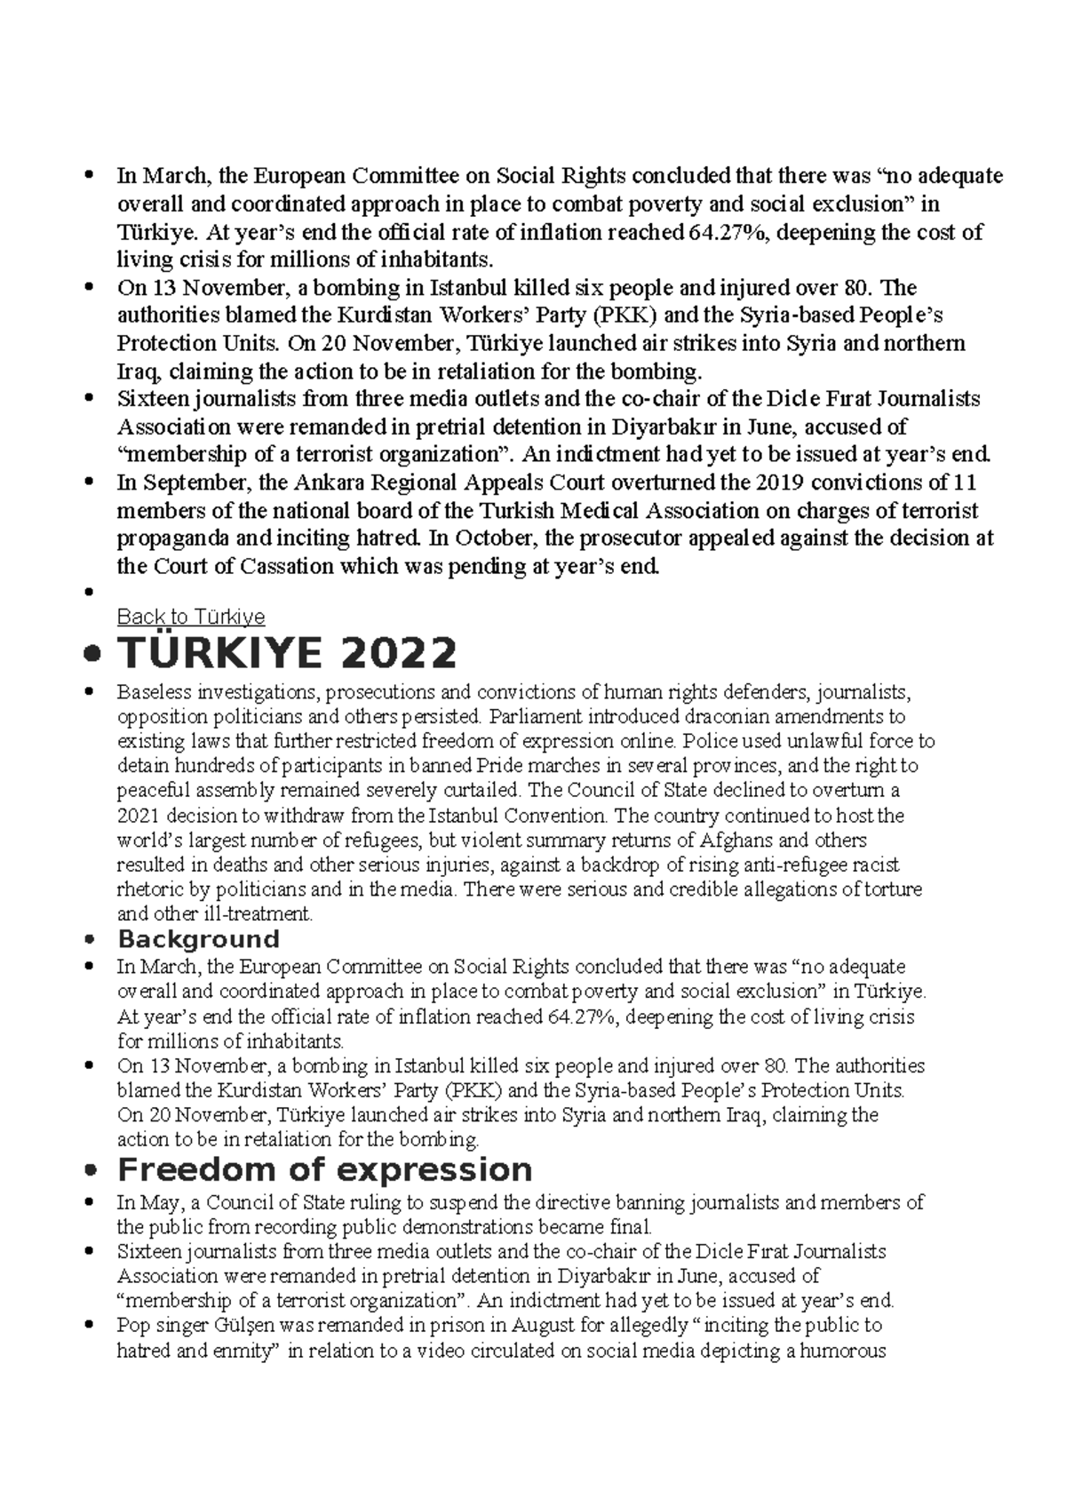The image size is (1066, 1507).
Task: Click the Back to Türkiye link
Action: [x=191, y=617]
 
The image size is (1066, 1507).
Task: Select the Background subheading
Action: [x=198, y=939]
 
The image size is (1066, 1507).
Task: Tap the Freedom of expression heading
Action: [x=324, y=1169]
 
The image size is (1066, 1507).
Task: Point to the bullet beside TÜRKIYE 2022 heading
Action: [x=88, y=656]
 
